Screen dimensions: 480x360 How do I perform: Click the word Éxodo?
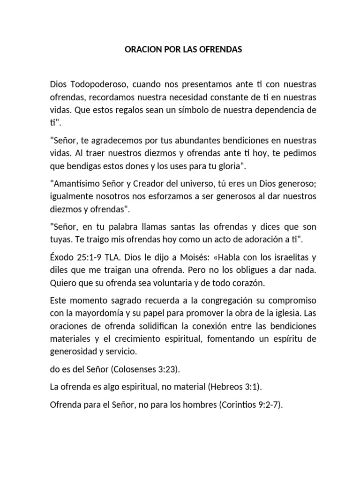pyautogui.click(x=61, y=258)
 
